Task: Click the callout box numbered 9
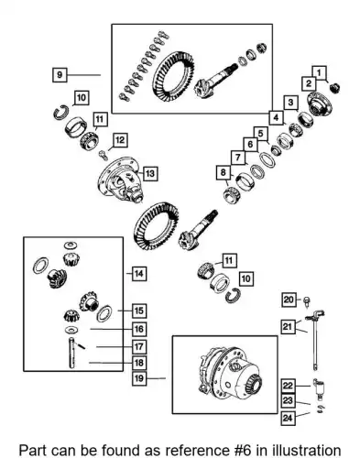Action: coord(60,74)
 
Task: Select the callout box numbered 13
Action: coord(150,173)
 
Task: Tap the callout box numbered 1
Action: coord(319,73)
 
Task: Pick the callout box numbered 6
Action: coord(250,144)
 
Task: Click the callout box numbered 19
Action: coord(139,378)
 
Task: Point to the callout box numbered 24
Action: coord(288,418)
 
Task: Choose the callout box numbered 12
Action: coord(120,140)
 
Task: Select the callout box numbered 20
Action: coord(289,300)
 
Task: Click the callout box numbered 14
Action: coord(139,273)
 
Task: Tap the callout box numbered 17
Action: coord(139,347)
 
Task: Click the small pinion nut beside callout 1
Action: coord(335,88)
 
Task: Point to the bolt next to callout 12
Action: coord(104,155)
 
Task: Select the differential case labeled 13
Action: coord(121,179)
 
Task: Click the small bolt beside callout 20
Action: coord(306,301)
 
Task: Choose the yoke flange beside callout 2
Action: coord(319,104)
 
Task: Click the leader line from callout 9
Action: coord(84,74)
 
